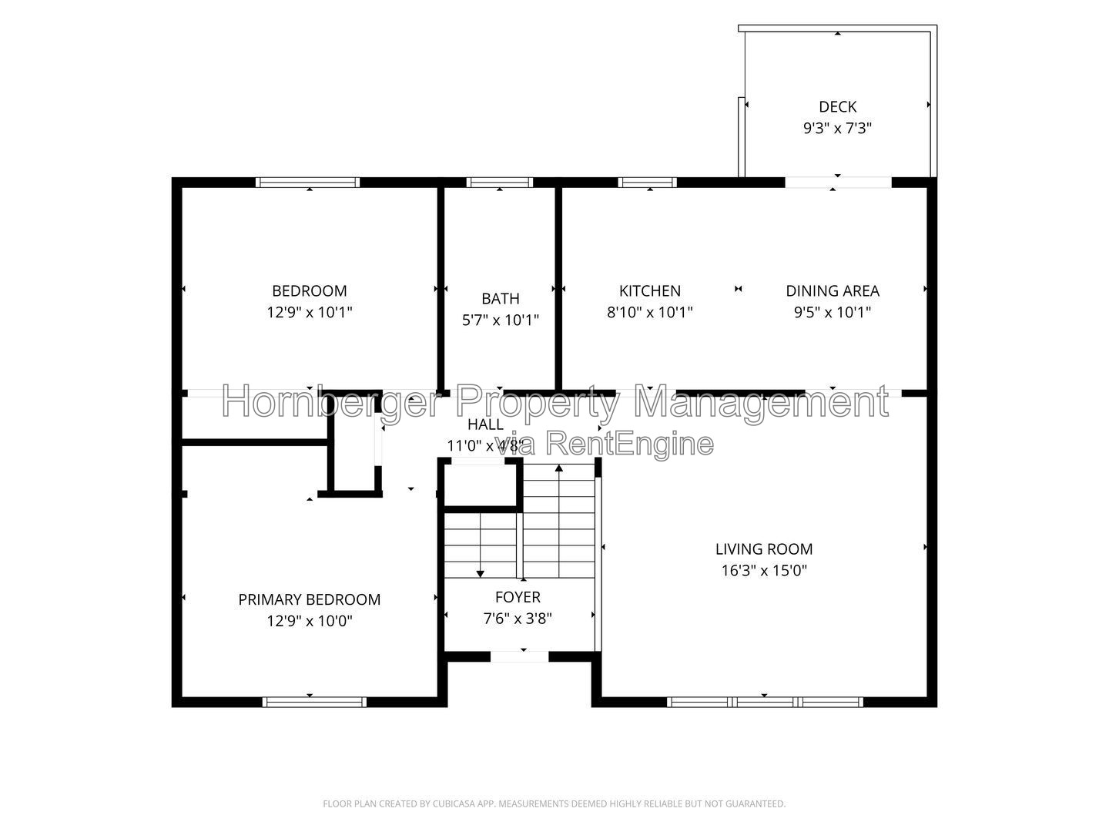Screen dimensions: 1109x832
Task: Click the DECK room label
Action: pyautogui.click(x=837, y=106)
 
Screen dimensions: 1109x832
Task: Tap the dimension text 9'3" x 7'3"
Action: pyautogui.click(x=837, y=129)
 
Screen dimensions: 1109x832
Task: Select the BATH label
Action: pyautogui.click(x=500, y=299)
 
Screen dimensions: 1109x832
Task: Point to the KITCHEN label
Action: pyautogui.click(x=650, y=291)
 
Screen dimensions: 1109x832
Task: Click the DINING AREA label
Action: pyautogui.click(x=833, y=291)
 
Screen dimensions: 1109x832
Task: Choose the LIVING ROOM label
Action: pyautogui.click(x=764, y=549)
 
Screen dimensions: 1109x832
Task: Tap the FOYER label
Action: pyautogui.click(x=518, y=597)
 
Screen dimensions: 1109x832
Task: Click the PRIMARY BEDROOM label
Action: pyautogui.click(x=309, y=599)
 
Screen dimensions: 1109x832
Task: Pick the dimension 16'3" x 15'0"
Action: pyautogui.click(x=764, y=571)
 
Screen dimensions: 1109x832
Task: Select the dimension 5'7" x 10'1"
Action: pyautogui.click(x=500, y=320)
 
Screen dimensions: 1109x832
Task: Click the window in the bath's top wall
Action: pyautogui.click(x=499, y=183)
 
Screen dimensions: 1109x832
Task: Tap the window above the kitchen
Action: pyautogui.click(x=647, y=183)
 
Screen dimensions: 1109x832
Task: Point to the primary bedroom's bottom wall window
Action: pyautogui.click(x=314, y=702)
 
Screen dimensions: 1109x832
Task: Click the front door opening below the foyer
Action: pyautogui.click(x=519, y=656)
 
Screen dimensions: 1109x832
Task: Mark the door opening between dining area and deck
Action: pyautogui.click(x=838, y=183)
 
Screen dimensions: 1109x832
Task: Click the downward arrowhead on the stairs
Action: pyautogui.click(x=480, y=574)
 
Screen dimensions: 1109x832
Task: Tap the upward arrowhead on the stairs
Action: pyautogui.click(x=559, y=468)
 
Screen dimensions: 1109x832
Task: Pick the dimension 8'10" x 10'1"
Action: pyautogui.click(x=650, y=313)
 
